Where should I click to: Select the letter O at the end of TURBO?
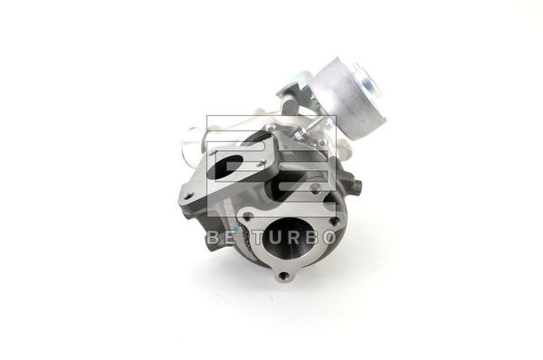pyautogui.click(x=328, y=238)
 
